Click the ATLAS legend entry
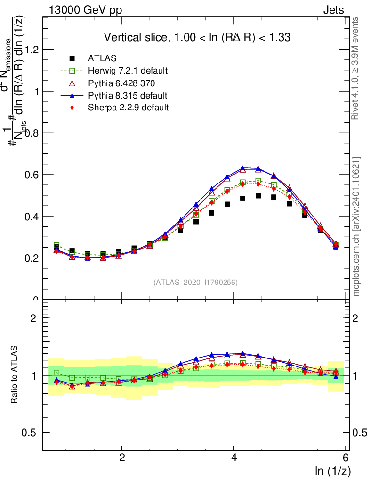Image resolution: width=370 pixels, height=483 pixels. [102, 59]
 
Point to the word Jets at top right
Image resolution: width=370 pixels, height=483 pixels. [333, 9]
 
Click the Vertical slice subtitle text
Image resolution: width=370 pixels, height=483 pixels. [197, 37]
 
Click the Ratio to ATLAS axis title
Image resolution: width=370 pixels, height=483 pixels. [16, 374]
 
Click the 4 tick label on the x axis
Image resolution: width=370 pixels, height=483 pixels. [234, 458]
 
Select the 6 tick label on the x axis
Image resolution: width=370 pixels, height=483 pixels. [345, 458]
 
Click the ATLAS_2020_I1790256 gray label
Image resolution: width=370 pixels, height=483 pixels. [195, 283]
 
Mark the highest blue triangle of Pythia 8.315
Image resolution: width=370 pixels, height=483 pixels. [243, 168]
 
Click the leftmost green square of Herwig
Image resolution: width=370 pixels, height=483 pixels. [56, 246]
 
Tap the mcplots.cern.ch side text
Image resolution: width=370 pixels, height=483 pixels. [356, 226]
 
